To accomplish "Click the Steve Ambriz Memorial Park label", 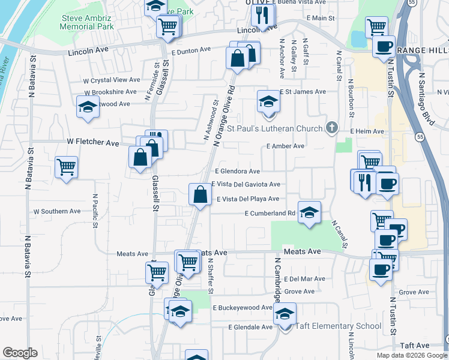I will pos(87,23).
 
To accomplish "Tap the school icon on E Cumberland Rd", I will pos(309,212).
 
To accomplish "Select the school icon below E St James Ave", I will pos(268,101).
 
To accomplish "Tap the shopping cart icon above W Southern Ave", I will pos(66,167).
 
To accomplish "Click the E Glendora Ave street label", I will pos(237,171).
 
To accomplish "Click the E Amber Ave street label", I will pos(285,146).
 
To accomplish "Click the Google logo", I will pos(20,353).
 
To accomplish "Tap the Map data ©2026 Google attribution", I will pos(412,355).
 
